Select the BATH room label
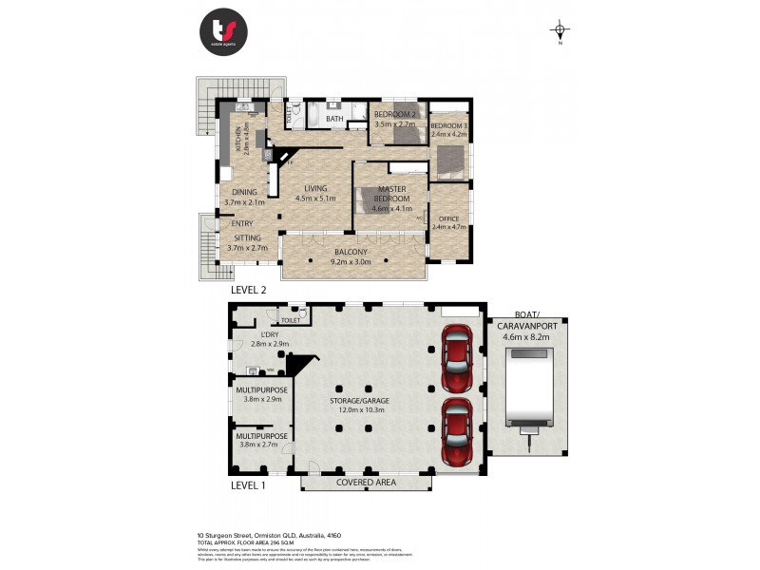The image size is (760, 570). click(334, 120)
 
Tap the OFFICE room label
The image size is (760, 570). click(448, 219)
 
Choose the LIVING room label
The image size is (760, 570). click(315, 188)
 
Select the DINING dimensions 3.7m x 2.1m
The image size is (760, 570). click(244, 202)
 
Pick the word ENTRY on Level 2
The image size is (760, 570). click(242, 224)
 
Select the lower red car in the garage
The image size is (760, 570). click(458, 431)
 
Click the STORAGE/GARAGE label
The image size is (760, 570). click(359, 401)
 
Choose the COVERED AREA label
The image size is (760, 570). click(366, 483)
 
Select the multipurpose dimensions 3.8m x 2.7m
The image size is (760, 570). click(262, 444)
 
